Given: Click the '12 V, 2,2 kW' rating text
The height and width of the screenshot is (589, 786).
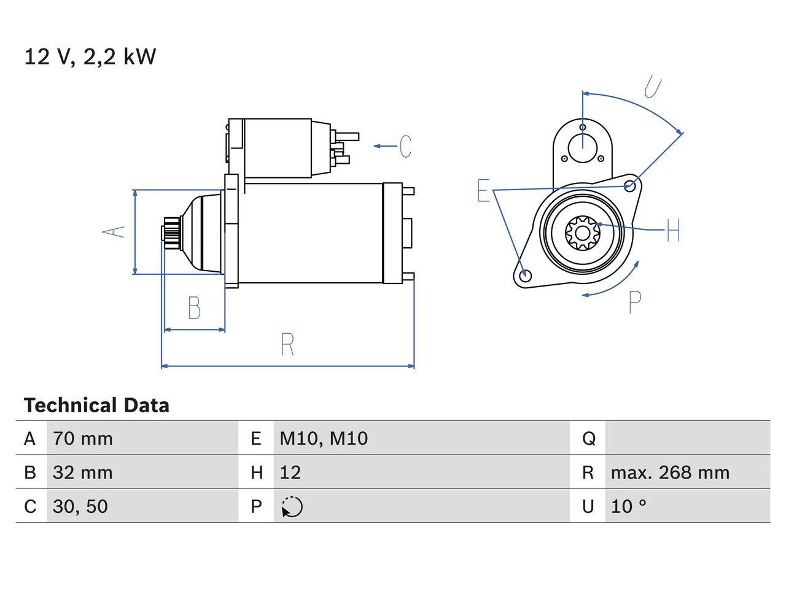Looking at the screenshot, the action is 90,57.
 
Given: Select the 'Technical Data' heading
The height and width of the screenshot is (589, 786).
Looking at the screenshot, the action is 96,405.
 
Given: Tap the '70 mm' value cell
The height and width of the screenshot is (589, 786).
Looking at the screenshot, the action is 83,439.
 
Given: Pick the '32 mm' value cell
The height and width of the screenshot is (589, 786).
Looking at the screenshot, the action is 83,472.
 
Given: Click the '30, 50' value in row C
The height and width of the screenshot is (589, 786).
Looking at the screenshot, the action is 80,506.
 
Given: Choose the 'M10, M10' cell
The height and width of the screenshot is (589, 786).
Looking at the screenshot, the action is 324,439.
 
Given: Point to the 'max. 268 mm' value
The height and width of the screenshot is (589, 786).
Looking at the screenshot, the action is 670,472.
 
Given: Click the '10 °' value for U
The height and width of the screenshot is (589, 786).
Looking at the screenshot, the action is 628,506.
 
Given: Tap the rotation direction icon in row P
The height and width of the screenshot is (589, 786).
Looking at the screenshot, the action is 292,507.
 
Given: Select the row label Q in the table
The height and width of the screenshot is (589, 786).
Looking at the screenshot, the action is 589,439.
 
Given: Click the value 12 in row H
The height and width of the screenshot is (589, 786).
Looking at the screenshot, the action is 290,472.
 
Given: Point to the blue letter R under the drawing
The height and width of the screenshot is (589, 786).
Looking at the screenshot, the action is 287,344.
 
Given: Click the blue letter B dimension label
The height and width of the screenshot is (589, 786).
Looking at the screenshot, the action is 195,307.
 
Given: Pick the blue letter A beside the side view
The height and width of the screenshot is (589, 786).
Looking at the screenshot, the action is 114,232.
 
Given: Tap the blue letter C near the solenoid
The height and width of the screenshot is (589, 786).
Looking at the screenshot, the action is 405,146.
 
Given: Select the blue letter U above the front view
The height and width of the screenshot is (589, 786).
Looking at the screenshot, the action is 652,87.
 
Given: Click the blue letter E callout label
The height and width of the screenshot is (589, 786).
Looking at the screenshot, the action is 483,190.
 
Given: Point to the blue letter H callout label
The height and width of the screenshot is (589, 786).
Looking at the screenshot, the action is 673,230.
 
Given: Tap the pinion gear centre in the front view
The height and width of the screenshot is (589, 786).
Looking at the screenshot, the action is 582,234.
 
